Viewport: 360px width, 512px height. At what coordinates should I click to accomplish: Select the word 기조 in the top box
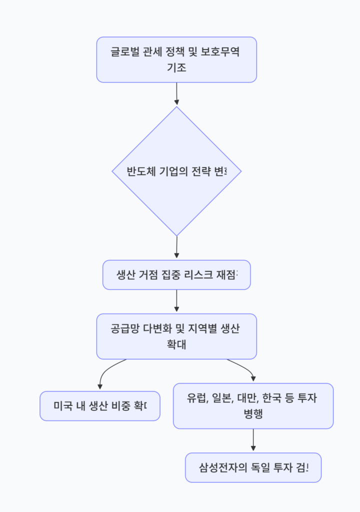click(x=176, y=67)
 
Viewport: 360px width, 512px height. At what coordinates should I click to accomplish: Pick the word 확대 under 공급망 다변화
click(x=176, y=344)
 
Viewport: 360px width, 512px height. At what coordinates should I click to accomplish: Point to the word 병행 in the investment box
click(x=253, y=414)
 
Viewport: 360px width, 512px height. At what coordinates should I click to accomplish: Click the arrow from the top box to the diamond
click(x=176, y=94)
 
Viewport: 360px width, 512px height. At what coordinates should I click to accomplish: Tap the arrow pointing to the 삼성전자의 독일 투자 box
click(x=253, y=440)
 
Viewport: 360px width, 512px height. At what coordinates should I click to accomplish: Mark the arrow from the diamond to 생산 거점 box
click(x=176, y=247)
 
